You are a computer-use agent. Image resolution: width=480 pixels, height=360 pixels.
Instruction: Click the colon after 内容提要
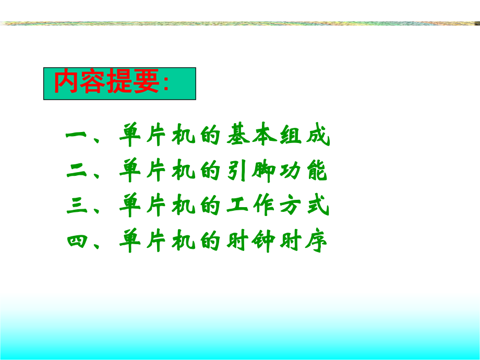coord(166,84)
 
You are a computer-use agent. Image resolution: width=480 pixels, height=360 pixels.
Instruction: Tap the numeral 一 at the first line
coord(78,137)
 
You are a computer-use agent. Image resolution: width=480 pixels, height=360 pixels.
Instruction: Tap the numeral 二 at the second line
coord(78,171)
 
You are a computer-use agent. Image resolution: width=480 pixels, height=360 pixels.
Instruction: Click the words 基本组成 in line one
coord(278,137)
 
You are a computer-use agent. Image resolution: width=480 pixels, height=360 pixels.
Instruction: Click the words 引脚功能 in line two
coord(278,171)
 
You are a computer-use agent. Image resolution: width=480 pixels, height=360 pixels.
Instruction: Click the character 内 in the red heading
coord(67,82)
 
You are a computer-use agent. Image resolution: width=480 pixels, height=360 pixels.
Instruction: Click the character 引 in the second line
coord(239,171)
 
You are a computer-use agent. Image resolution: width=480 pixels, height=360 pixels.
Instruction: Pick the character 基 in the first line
coord(239,137)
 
